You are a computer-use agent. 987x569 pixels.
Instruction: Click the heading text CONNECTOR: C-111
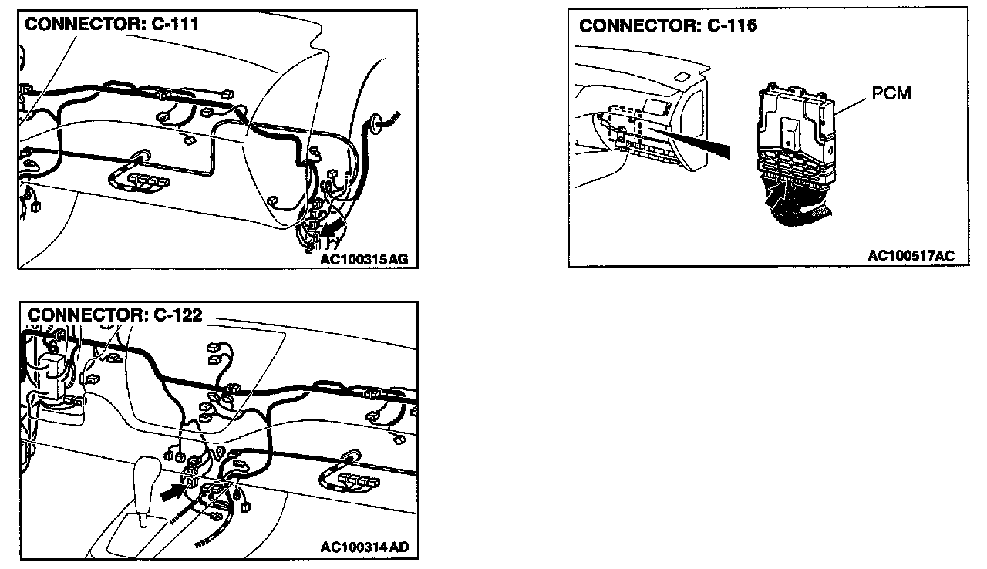click(112, 24)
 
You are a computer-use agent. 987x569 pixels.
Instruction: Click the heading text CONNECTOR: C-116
click(668, 25)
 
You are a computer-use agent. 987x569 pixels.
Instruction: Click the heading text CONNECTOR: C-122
click(115, 315)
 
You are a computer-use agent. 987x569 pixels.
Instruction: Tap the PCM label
click(891, 93)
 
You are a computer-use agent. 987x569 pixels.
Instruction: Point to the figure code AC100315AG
click(365, 260)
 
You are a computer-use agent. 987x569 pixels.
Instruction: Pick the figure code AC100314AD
click(365, 547)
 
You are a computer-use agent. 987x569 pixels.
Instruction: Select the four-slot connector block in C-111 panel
click(148, 181)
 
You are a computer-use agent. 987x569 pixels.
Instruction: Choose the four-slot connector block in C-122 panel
click(355, 480)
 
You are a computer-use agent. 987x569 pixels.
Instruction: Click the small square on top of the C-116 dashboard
click(682, 76)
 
